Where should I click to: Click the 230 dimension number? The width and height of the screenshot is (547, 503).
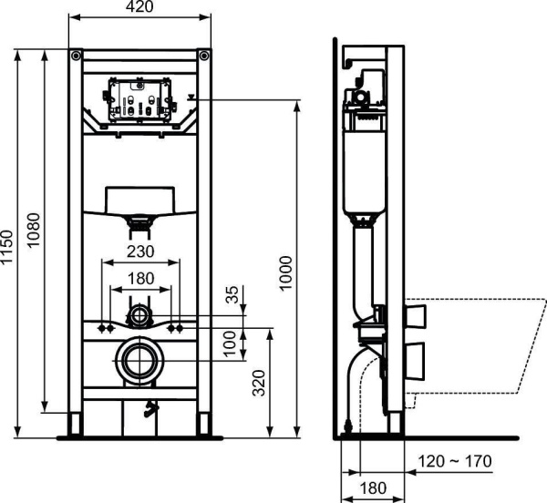tap(139, 251)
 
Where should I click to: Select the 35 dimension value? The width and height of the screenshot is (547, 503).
tap(232, 294)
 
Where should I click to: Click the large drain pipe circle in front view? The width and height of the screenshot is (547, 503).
tap(139, 360)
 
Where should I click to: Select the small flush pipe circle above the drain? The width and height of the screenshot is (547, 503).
tap(139, 317)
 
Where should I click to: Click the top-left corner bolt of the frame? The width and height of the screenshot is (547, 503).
tap(74, 56)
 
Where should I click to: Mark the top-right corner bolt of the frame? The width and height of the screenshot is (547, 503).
tap(206, 56)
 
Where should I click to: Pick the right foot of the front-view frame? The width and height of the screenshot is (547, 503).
tap(205, 426)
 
